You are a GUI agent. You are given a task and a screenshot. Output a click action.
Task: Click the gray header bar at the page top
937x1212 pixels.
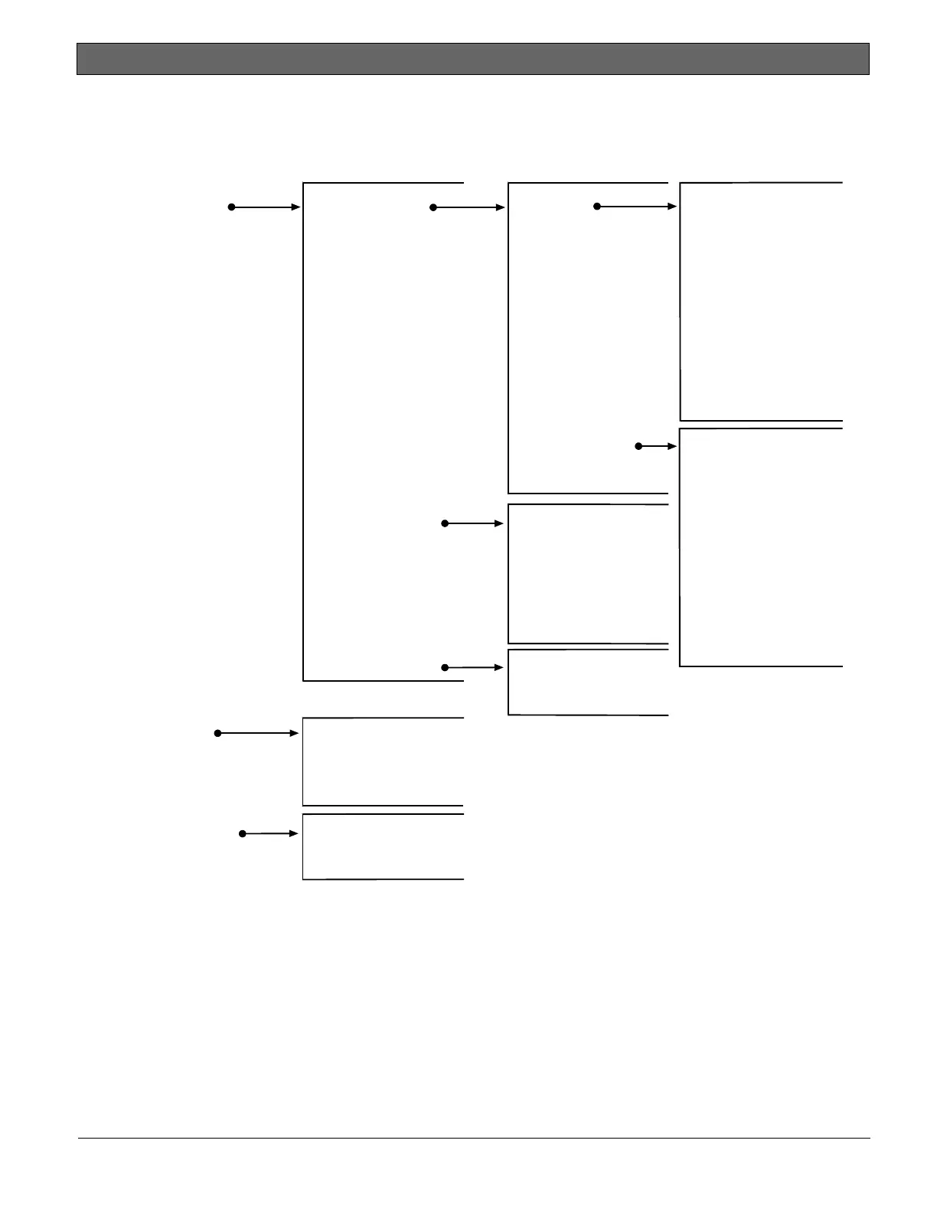[472, 59]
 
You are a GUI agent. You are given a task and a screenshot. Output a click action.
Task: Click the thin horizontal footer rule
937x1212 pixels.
[473, 1138]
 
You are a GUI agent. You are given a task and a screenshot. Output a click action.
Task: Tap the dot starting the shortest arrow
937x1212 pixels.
[638, 446]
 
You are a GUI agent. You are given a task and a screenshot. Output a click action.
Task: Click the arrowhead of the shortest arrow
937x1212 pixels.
[673, 446]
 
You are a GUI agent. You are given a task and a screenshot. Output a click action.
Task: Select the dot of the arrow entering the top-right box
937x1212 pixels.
[597, 207]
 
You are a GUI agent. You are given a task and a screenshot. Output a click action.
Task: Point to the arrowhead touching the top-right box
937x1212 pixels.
[673, 207]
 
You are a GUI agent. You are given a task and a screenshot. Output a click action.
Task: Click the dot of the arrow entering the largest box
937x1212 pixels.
[231, 207]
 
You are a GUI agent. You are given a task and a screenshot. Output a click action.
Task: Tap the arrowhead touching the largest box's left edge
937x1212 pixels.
[296, 207]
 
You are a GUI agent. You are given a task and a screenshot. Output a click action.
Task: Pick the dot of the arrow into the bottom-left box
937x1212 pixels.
[243, 833]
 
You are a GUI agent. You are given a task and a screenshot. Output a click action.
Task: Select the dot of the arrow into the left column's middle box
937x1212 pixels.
[218, 733]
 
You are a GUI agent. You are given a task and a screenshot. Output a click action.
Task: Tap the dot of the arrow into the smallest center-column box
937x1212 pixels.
[445, 668]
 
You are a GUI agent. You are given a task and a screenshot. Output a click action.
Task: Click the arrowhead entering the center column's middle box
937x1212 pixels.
[501, 523]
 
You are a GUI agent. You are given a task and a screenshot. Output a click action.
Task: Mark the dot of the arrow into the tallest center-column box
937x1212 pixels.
[433, 207]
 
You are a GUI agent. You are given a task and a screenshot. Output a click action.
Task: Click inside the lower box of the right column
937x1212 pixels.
[760, 547]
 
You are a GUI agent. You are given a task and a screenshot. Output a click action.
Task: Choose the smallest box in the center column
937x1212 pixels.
[588, 683]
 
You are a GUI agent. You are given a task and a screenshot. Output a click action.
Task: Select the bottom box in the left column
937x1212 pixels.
[383, 846]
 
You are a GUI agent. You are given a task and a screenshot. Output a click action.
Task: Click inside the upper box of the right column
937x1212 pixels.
[760, 301]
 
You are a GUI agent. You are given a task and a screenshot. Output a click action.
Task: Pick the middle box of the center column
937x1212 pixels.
[588, 574]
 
